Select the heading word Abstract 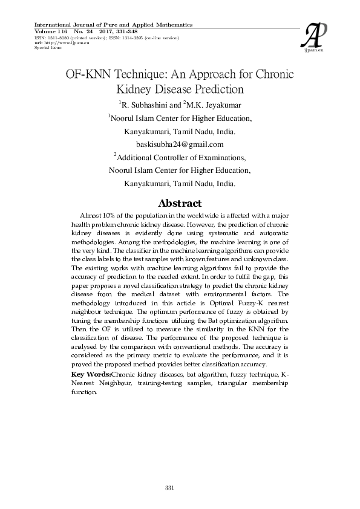tap(180, 203)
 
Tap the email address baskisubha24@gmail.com tap(180, 144)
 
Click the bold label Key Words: tap(91, 375)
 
